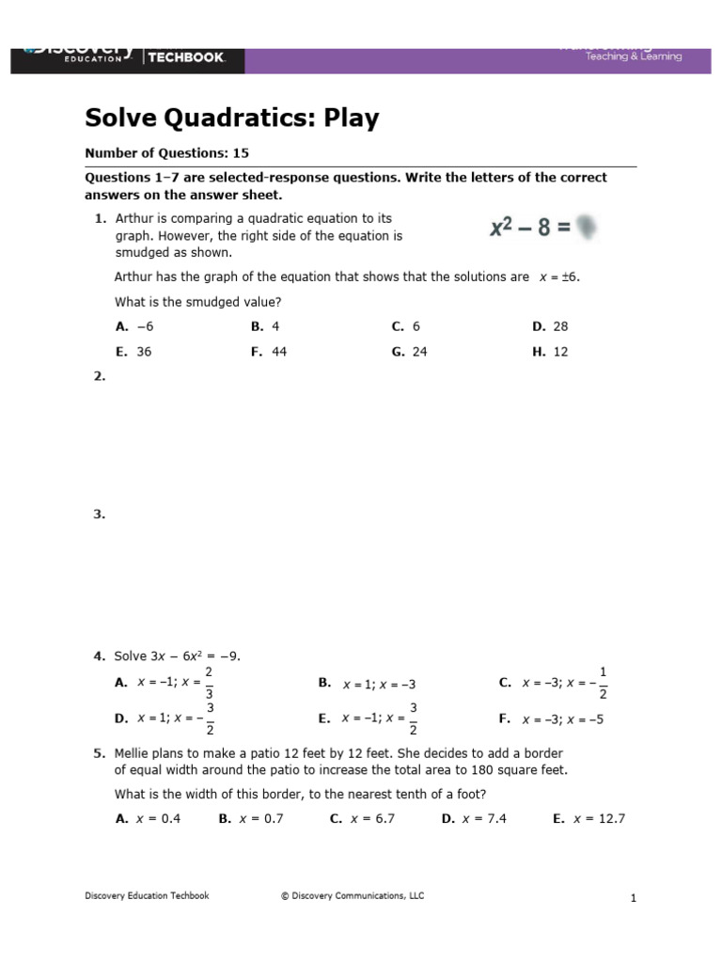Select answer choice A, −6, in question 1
pos(134,326)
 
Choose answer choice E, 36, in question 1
pos(134,352)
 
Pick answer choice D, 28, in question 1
pos(551,326)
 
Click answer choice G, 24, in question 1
pos(410,352)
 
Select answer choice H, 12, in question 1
pos(551,352)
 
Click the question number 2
pos(99,376)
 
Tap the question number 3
pos(99,514)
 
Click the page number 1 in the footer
pos(634,898)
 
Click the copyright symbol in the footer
pos(284,896)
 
